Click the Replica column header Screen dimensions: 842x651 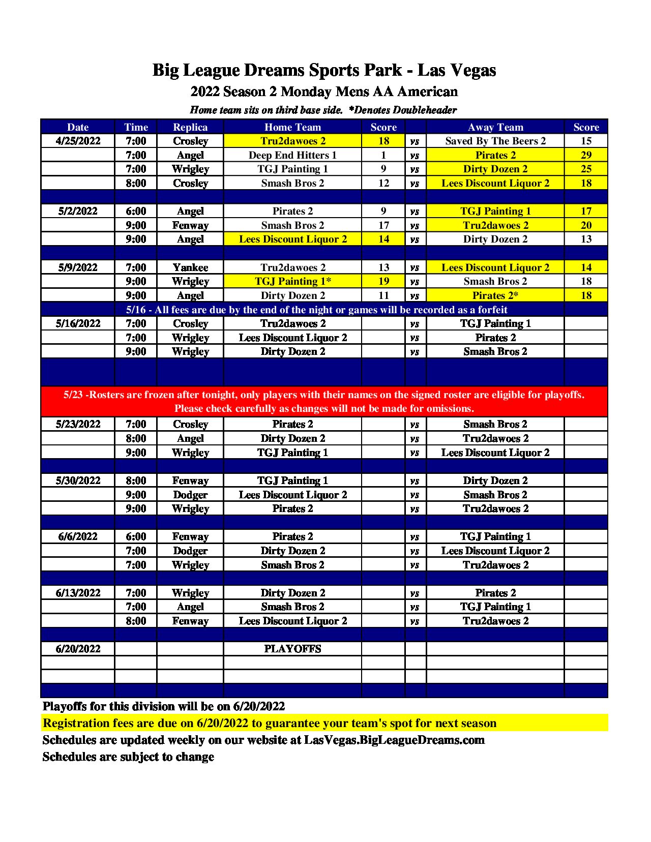[x=190, y=127]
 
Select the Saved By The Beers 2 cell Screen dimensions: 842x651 [x=495, y=141]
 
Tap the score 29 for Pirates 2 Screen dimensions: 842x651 [x=586, y=155]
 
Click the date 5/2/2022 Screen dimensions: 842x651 [x=78, y=211]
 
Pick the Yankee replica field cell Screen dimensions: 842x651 [x=190, y=267]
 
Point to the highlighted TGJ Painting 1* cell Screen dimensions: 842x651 [x=292, y=281]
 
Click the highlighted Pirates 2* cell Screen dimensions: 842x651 [x=495, y=295]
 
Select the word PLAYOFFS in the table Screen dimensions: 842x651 [x=292, y=649]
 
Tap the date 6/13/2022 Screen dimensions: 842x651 [x=78, y=593]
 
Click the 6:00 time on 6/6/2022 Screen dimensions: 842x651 [x=136, y=536]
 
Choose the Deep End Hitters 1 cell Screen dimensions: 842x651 [x=292, y=155]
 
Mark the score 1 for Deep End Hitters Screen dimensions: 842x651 [x=383, y=155]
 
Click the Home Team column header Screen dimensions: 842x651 [x=292, y=127]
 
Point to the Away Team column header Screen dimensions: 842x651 [x=495, y=127]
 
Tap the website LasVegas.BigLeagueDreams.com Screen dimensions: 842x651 [x=394, y=740]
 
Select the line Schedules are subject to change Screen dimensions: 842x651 [x=128, y=757]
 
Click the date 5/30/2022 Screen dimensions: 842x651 [x=78, y=480]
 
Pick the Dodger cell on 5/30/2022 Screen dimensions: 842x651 [x=190, y=495]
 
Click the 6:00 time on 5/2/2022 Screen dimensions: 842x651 [x=136, y=211]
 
